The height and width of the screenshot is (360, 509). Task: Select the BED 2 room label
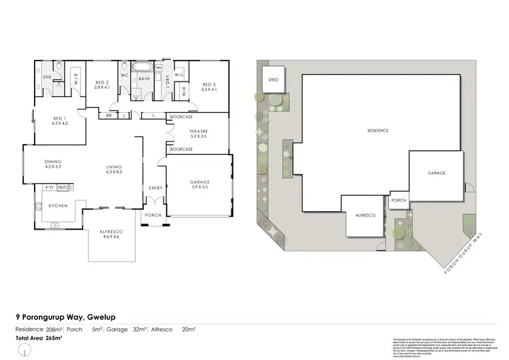[x=102, y=85]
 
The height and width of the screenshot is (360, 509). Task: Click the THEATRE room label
[x=198, y=134]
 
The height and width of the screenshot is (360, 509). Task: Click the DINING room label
[x=53, y=163]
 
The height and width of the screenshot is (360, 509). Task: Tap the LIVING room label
[x=113, y=169]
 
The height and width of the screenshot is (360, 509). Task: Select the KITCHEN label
[x=57, y=205]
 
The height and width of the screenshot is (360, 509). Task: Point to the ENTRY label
[x=155, y=187]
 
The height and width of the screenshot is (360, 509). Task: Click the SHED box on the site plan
[x=274, y=79]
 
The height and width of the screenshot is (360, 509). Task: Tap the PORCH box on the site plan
[x=398, y=200]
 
